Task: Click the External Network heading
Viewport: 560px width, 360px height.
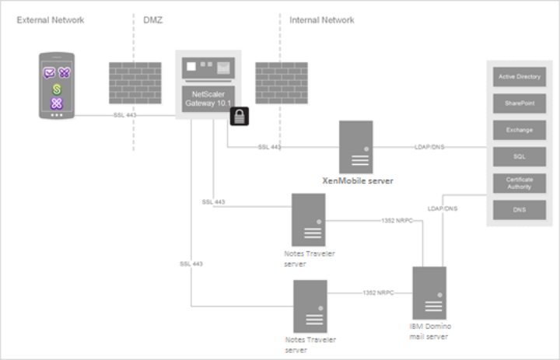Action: pyautogui.click(x=51, y=19)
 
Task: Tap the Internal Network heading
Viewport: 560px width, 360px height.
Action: pyautogui.click(x=321, y=19)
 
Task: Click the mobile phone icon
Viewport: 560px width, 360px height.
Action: pyautogui.click(x=57, y=86)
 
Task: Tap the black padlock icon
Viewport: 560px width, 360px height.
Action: pyautogui.click(x=238, y=117)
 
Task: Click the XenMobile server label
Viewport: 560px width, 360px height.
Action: pyautogui.click(x=357, y=180)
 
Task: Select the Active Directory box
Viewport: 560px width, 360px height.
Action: pyautogui.click(x=520, y=77)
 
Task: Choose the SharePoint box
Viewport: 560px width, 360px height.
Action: pyautogui.click(x=520, y=103)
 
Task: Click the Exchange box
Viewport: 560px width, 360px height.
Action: pyautogui.click(x=520, y=130)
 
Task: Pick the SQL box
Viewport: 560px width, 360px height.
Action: pyautogui.click(x=520, y=156)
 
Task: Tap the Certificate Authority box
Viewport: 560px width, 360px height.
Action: pyautogui.click(x=520, y=183)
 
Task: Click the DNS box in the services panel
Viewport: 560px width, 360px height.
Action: pyautogui.click(x=520, y=209)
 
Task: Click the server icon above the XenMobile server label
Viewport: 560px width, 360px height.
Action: pyautogui.click(x=356, y=146)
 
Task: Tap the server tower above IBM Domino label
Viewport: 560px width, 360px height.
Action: pyautogui.click(x=429, y=292)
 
